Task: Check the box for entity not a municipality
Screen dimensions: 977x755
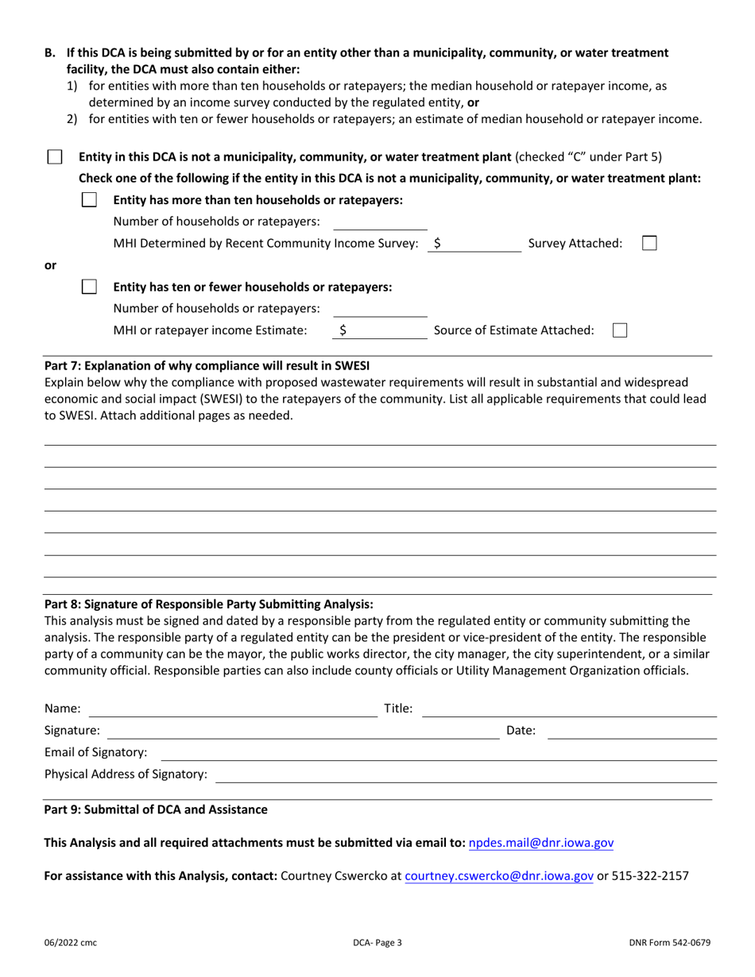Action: (x=54, y=156)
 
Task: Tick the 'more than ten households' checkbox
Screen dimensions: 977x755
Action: (x=90, y=200)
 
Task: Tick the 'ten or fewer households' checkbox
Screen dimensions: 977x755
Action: (x=90, y=287)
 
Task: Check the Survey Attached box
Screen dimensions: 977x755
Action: (x=649, y=243)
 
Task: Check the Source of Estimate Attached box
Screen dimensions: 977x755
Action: (x=620, y=330)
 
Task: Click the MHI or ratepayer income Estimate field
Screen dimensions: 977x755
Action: (x=385, y=330)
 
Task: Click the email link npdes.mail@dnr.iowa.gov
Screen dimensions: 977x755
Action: (x=541, y=843)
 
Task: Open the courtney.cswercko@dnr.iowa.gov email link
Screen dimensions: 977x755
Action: (x=499, y=876)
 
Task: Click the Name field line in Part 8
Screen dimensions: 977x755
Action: (x=232, y=709)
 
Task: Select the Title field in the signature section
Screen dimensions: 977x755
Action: (x=568, y=709)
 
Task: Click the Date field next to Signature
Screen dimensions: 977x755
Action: (x=633, y=730)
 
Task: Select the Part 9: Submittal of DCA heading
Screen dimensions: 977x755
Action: (x=156, y=809)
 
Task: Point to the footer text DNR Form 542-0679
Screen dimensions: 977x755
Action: (x=668, y=943)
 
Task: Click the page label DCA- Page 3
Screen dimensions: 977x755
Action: (x=377, y=943)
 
